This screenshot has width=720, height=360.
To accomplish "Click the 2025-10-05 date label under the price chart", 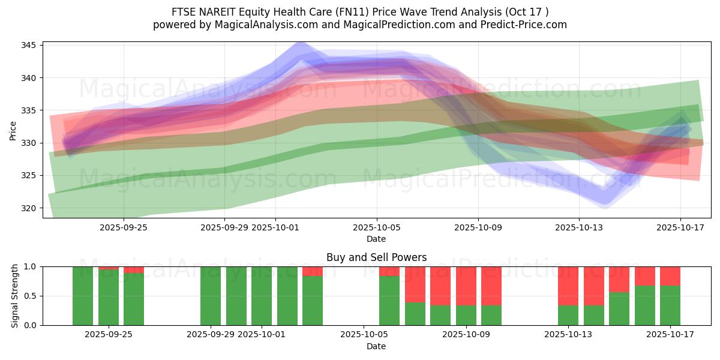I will click(377, 227).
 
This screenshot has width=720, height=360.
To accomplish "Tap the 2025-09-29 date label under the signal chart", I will click(211, 335).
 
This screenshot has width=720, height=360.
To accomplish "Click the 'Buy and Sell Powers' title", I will click(376, 257).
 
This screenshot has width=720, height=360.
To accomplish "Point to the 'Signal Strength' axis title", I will click(15, 296).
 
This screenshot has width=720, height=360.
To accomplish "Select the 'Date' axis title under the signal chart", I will click(376, 346).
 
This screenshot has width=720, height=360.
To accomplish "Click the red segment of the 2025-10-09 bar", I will click(466, 286).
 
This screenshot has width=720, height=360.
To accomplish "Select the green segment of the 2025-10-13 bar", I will click(568, 315).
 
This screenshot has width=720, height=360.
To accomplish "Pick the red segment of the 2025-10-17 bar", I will click(670, 275).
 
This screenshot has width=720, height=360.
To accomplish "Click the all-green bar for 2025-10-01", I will click(262, 296).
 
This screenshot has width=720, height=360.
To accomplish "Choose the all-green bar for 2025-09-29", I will click(211, 296).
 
